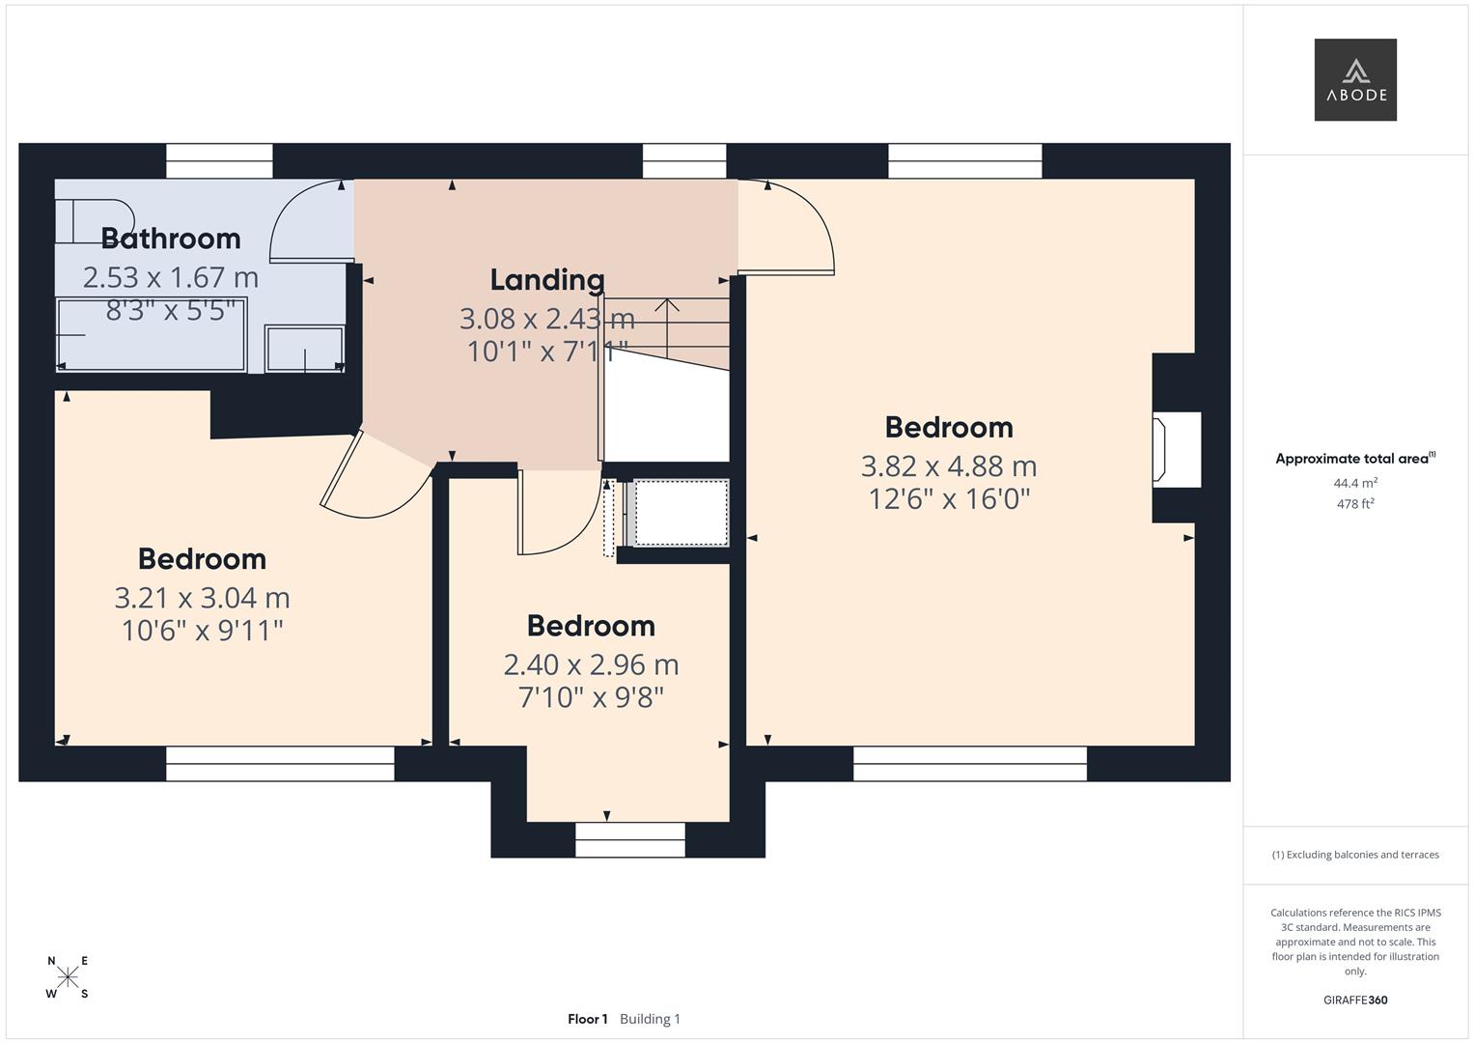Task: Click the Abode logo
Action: click(1355, 80)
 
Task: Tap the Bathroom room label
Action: click(171, 238)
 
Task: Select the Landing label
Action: click(547, 279)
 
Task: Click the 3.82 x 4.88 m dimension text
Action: click(949, 466)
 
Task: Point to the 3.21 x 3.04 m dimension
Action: click(203, 598)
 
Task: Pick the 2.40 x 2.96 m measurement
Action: click(591, 664)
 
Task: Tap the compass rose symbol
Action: click(68, 977)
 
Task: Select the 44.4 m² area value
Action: click(1355, 483)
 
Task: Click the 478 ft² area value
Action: click(1355, 503)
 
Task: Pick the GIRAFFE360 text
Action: click(1355, 1000)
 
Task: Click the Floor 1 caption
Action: click(587, 1019)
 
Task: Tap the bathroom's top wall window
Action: click(219, 161)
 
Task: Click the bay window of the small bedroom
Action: click(630, 839)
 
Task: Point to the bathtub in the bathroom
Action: click(152, 334)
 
